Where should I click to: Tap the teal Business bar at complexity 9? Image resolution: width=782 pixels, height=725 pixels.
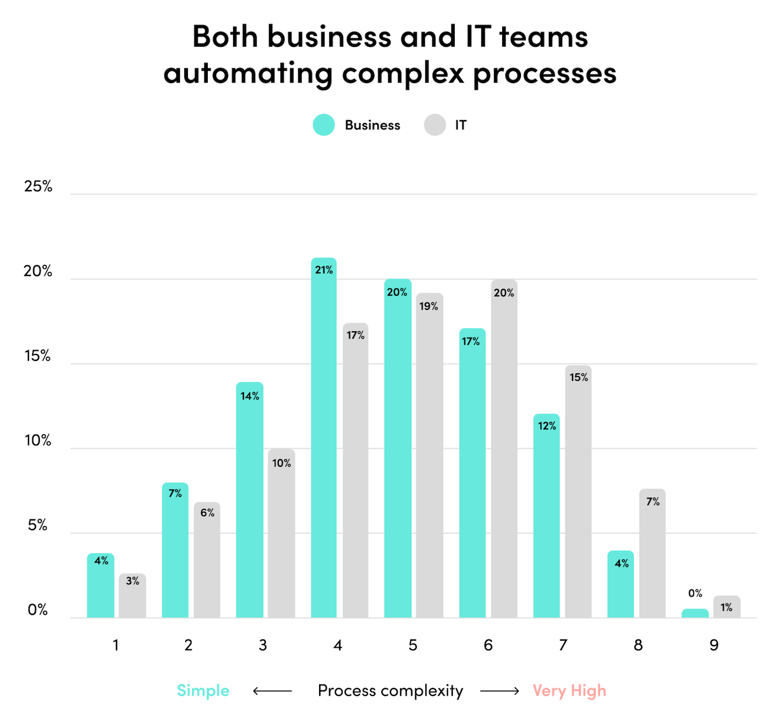(x=695, y=613)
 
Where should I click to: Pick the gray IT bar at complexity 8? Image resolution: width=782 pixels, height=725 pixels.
(x=652, y=553)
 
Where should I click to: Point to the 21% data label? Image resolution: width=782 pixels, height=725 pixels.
(x=324, y=270)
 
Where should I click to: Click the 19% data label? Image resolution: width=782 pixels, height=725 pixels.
(x=429, y=306)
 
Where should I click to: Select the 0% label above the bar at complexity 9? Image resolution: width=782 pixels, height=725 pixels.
(x=695, y=593)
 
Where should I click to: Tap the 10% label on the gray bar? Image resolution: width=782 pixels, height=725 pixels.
(x=281, y=463)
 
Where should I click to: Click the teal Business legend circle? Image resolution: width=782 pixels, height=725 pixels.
(x=324, y=125)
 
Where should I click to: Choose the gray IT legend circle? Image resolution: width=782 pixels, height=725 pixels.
(x=435, y=125)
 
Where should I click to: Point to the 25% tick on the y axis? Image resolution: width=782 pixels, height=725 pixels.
(x=38, y=186)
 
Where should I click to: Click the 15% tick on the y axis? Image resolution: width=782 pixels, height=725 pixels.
(x=38, y=356)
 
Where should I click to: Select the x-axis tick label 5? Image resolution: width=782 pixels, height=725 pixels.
(x=412, y=645)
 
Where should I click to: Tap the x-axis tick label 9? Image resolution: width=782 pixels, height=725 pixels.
(x=714, y=645)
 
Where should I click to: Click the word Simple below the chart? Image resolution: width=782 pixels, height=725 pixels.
(x=203, y=691)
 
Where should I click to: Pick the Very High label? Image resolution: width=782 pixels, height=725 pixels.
(x=569, y=691)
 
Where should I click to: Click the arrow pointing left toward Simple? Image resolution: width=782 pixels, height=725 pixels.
(x=272, y=691)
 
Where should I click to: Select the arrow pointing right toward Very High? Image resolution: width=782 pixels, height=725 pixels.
(x=499, y=691)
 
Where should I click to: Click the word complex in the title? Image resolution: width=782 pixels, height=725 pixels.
(x=403, y=74)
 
